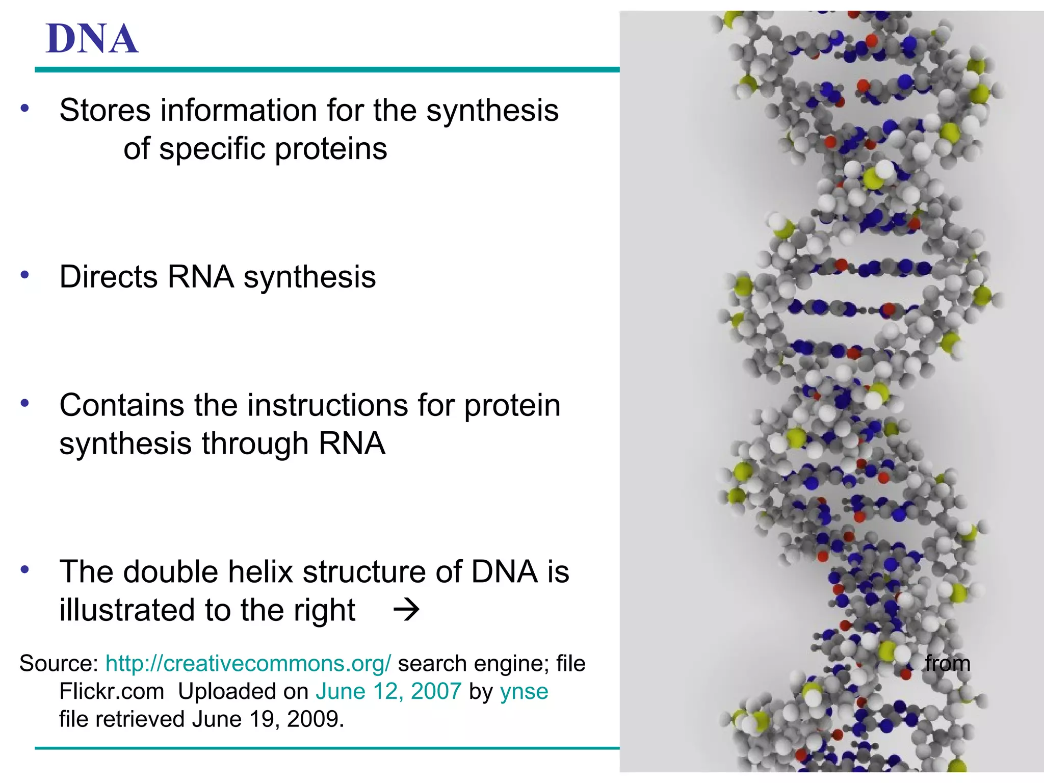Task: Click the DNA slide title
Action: pyautogui.click(x=92, y=39)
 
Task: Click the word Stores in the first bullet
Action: pyautogui.click(x=105, y=110)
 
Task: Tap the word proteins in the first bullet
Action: pyautogui.click(x=331, y=149)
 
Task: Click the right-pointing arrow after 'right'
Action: pyautogui.click(x=406, y=610)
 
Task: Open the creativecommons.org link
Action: pyautogui.click(x=248, y=663)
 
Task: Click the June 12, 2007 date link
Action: pyautogui.click(x=388, y=691)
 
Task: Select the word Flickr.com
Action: pyautogui.click(x=112, y=691)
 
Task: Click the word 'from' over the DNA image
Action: pyautogui.click(x=947, y=663)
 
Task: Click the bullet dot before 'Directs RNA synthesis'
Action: pyautogui.click(x=24, y=275)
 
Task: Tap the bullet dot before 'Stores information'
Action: pyautogui.click(x=24, y=108)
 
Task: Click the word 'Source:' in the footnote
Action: pyautogui.click(x=59, y=663)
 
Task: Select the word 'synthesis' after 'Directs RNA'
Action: pyautogui.click(x=309, y=278)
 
